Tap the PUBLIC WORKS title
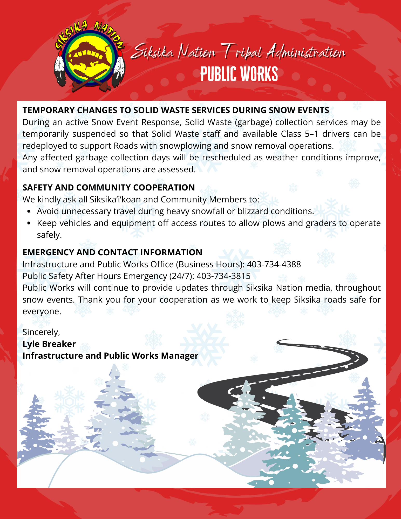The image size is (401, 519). pos(239,74)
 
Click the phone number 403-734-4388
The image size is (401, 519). pos(274,264)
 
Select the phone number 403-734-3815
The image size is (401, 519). pos(223,276)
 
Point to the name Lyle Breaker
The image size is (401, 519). pos(49,344)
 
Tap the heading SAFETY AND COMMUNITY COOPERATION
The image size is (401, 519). pos(108,188)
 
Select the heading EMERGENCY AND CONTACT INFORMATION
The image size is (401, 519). pos(112,252)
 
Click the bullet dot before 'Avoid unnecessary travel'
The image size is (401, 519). pos(29,211)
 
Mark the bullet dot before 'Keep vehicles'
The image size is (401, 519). pos(29,223)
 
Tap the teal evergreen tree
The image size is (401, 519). pos(292,446)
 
